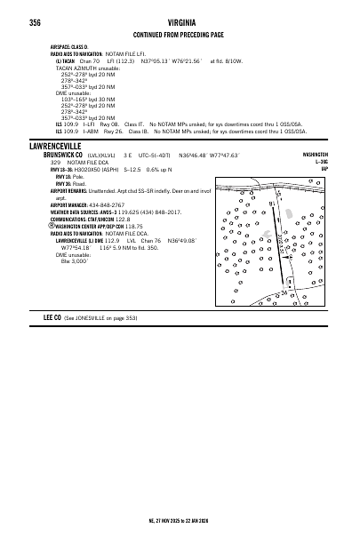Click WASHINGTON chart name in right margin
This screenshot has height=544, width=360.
315,154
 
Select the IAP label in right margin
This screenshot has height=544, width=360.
324,168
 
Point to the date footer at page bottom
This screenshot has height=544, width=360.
180,520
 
